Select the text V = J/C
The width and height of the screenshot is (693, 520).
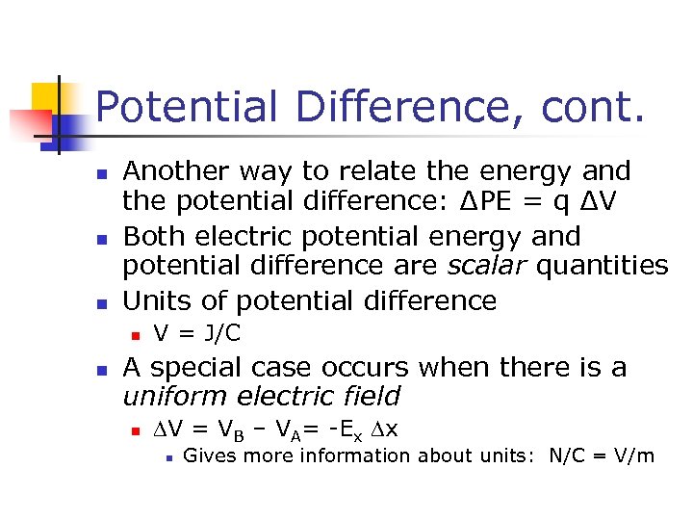[197, 334]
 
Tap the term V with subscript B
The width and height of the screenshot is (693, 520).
[231, 429]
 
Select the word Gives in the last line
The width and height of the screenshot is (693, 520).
[207, 455]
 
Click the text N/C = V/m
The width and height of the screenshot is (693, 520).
[601, 455]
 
